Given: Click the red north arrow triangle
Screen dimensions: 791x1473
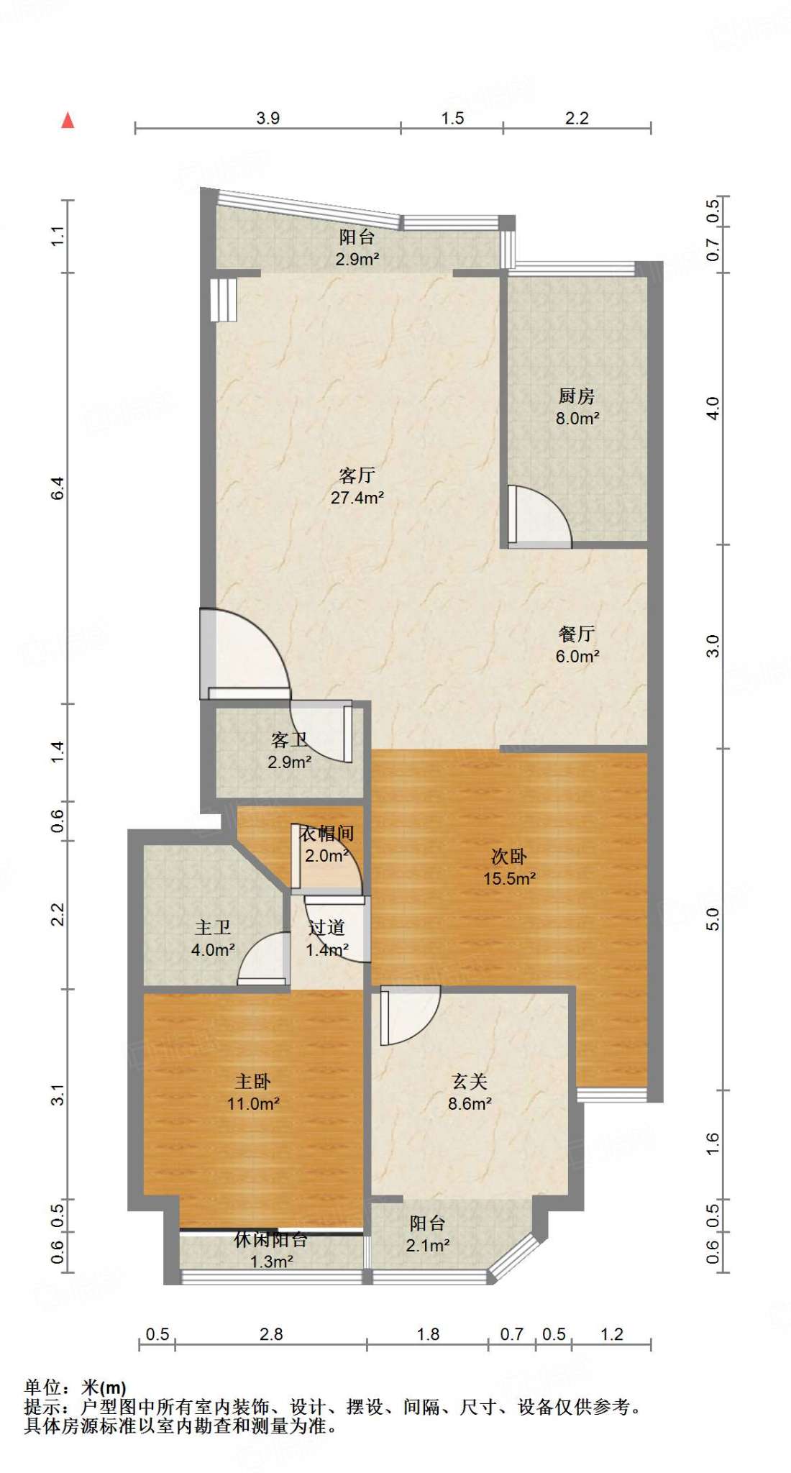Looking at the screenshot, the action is click(68, 120).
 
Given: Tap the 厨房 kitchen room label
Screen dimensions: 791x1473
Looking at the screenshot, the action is click(577, 396).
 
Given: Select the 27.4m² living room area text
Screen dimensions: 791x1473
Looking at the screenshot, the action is click(357, 497).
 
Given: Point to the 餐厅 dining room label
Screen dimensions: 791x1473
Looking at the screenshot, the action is click(577, 634).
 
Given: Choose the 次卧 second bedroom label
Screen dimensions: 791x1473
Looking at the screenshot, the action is click(509, 856).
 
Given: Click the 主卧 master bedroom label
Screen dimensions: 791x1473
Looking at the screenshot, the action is click(253, 1081).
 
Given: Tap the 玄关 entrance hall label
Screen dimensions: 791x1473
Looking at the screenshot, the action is click(470, 1081).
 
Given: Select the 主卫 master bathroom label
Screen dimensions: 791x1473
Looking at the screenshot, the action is click(213, 928).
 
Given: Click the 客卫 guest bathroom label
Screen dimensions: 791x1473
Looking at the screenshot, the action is click(290, 740).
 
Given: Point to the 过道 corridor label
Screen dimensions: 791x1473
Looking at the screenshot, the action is click(327, 928).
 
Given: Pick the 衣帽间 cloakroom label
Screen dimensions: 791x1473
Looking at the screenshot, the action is click(327, 834).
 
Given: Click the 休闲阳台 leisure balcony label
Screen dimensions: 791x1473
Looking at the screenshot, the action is click(271, 1239).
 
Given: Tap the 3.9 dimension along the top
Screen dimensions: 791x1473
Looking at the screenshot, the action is click(268, 118).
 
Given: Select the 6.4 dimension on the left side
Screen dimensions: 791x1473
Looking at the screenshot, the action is click(58, 488).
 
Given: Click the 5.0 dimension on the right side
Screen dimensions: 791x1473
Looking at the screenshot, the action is click(712, 919).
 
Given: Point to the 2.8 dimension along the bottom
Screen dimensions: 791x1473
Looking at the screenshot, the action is click(271, 1334).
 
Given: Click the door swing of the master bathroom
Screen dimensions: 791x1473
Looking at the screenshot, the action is click(263, 959).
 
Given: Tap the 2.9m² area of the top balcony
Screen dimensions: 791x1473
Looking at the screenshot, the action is click(357, 259).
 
